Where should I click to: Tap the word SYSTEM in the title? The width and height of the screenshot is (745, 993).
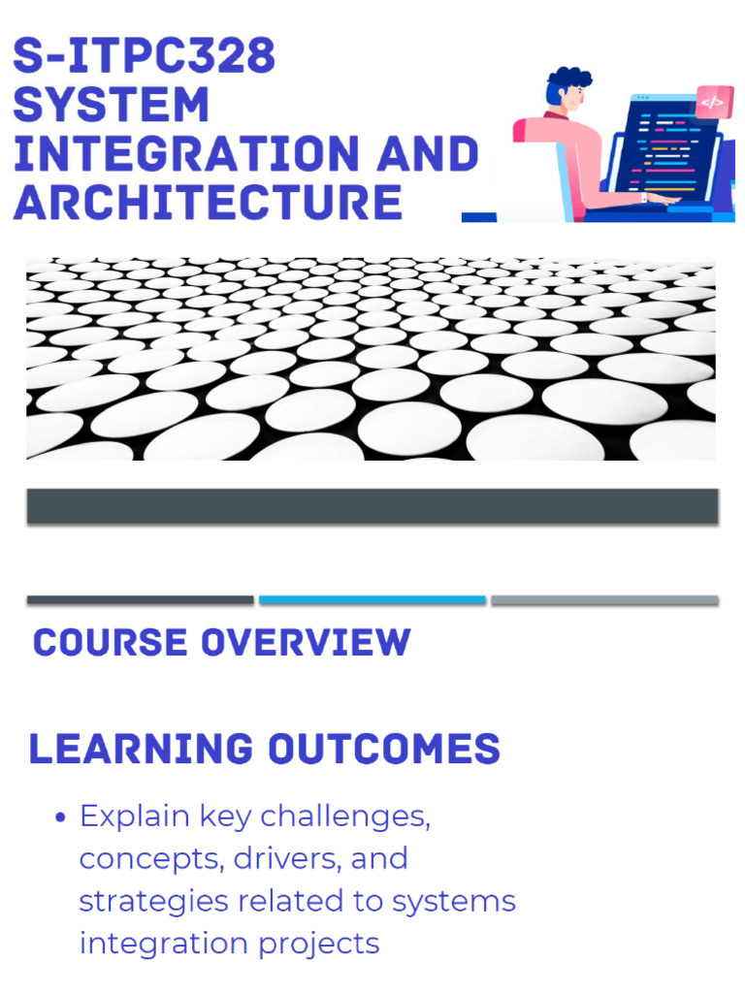pos(111,105)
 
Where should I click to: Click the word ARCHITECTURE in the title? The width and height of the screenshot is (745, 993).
pos(208,202)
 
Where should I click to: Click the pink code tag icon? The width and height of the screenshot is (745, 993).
pos(713,102)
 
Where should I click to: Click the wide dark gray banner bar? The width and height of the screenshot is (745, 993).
pos(372,506)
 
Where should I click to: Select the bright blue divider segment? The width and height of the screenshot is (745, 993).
pos(372,600)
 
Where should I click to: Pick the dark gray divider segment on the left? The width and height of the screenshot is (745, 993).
pos(141,600)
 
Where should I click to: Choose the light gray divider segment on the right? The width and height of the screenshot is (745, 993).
pos(604,600)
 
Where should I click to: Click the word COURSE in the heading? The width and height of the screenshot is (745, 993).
pos(110,643)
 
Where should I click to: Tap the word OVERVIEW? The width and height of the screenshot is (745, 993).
pos(306,643)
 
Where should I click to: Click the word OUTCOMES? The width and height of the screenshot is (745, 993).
pos(385,750)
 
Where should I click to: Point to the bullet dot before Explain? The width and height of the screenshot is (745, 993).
pos(60,817)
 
